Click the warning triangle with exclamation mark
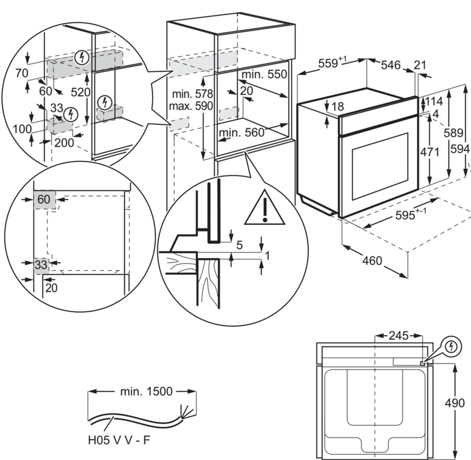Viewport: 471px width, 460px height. click(x=264, y=210)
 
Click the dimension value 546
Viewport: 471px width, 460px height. click(x=391, y=65)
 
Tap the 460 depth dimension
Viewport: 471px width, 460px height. click(x=372, y=261)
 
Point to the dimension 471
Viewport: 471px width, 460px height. click(x=430, y=152)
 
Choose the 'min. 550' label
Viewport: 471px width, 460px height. click(x=263, y=74)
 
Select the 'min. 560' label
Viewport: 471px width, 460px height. click(x=242, y=133)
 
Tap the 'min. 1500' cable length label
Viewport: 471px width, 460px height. click(x=146, y=392)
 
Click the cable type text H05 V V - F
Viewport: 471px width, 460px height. click(x=119, y=441)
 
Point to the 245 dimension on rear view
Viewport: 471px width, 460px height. click(x=398, y=336)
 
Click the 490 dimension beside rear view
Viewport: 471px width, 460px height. click(x=454, y=403)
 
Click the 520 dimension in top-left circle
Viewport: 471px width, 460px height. click(x=81, y=92)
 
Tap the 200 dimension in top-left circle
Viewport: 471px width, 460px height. click(x=64, y=142)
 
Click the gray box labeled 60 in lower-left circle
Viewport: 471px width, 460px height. click(x=44, y=199)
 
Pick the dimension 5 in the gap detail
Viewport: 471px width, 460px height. click(x=240, y=245)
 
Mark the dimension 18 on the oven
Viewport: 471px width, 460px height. click(x=338, y=107)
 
